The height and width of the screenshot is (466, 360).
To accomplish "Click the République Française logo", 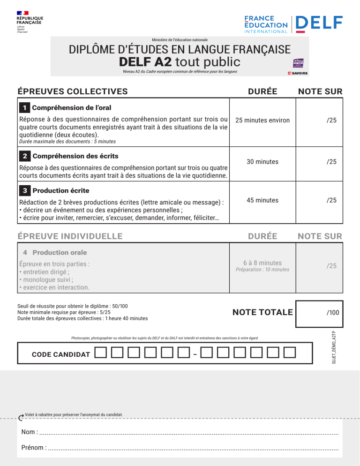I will pyautogui.click(x=30, y=22).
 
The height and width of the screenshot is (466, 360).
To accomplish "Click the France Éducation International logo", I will pyautogui.click(x=266, y=24).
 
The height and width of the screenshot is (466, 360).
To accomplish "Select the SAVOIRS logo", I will pyautogui.click(x=298, y=73).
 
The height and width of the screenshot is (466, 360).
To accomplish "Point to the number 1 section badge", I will pyautogui.click(x=24, y=108).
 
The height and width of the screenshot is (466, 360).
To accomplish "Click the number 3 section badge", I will pyautogui.click(x=24, y=191).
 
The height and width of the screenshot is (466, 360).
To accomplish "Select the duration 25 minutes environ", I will pyautogui.click(x=262, y=120).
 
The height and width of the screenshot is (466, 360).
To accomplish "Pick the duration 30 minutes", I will pyautogui.click(x=262, y=162).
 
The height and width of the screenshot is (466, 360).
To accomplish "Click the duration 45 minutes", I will pyautogui.click(x=262, y=200).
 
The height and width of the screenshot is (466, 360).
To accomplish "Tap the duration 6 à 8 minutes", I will pyautogui.click(x=262, y=263).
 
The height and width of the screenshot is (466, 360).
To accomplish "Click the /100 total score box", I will pyautogui.click(x=319, y=312).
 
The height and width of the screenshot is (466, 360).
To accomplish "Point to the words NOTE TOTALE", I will pyautogui.click(x=262, y=312).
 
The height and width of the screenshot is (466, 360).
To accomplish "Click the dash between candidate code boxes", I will pyautogui.click(x=195, y=353).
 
